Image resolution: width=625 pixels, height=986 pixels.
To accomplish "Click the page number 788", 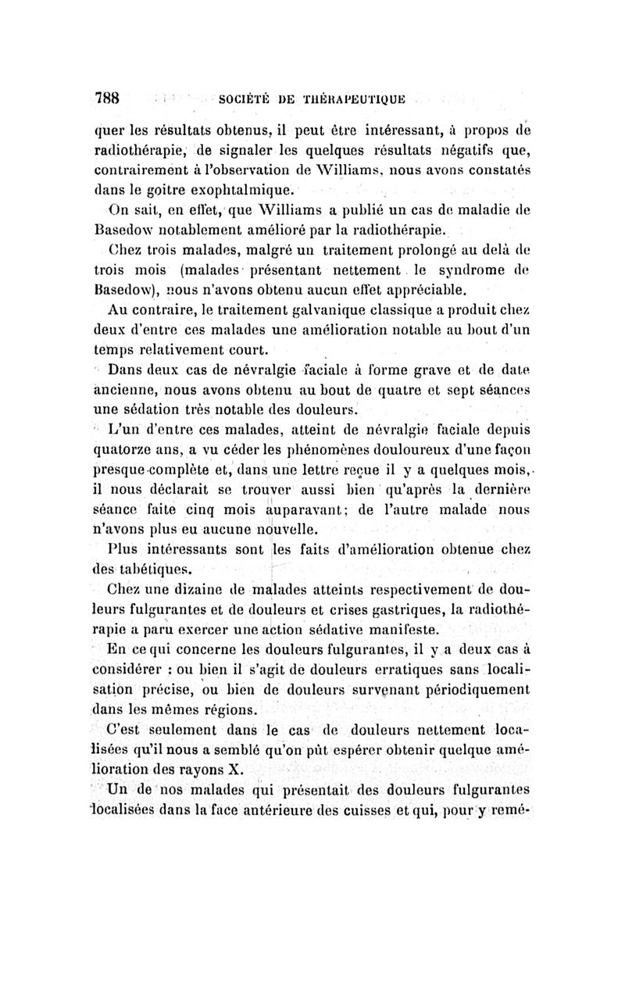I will point(106,98).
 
